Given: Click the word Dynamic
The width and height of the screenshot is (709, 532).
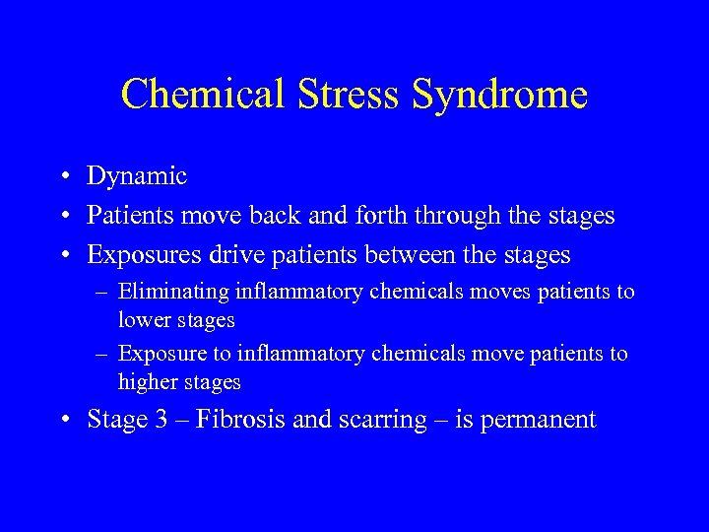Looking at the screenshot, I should [137, 176].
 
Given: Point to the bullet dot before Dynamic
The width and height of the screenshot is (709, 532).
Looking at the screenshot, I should [62, 177].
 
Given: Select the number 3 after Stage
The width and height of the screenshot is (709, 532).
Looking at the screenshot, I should [161, 420].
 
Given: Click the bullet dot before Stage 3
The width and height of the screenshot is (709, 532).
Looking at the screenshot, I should [62, 421].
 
